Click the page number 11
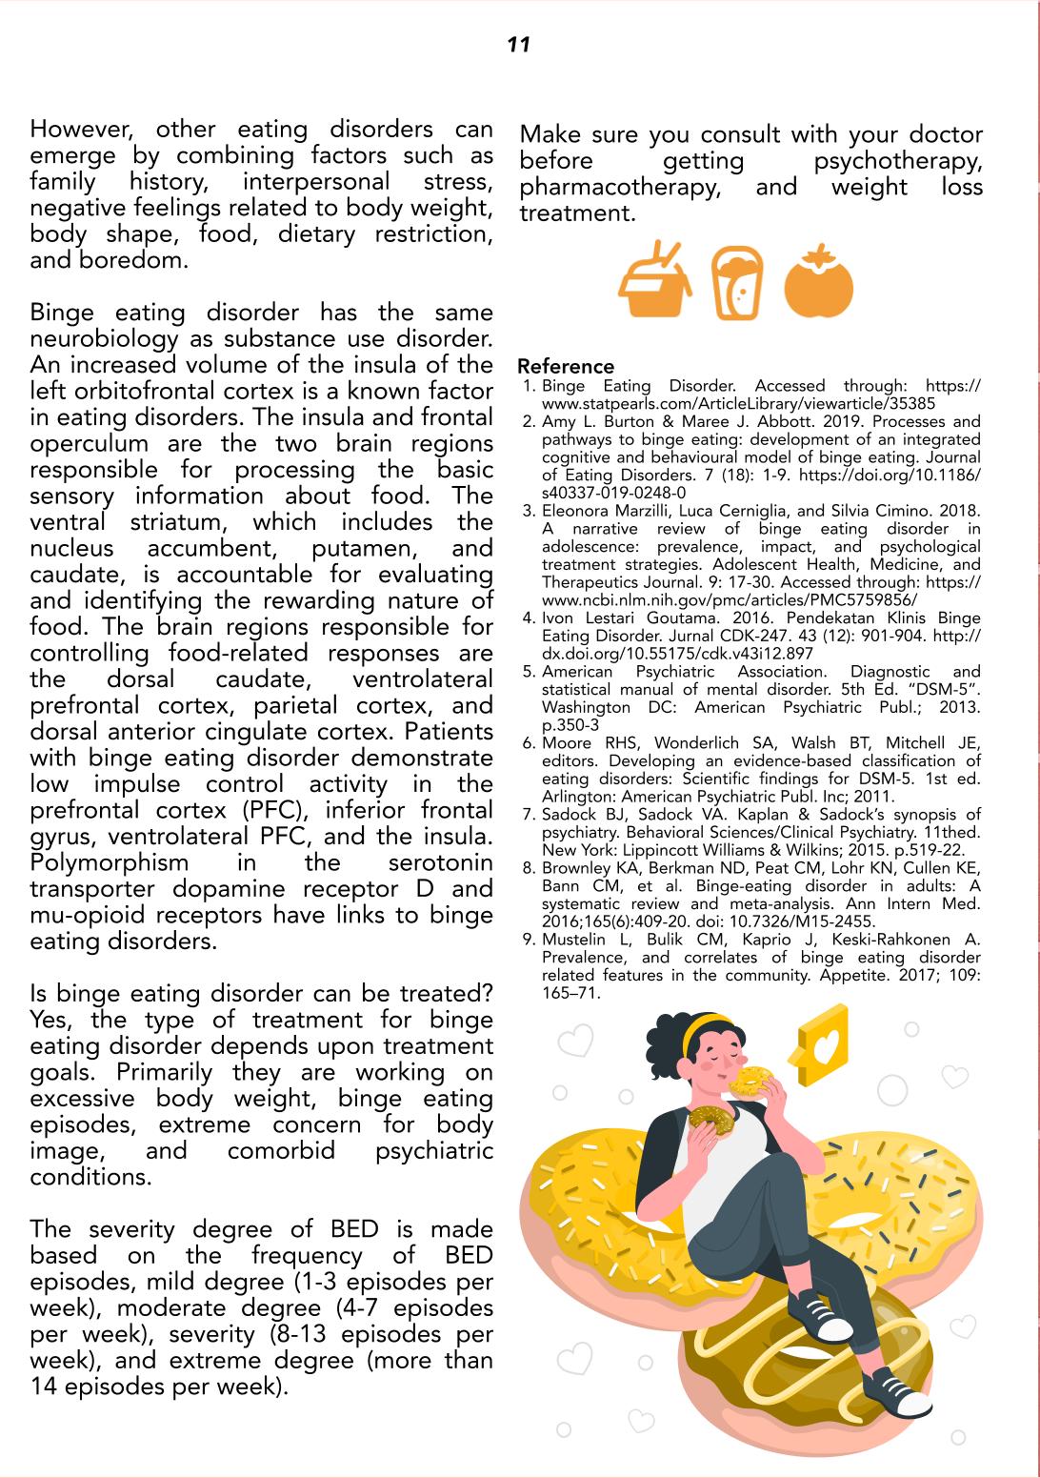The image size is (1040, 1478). (518, 45)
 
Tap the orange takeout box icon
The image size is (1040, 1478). (655, 282)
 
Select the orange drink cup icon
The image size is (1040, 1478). (737, 283)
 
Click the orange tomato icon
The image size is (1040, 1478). (818, 283)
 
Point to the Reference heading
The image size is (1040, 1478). (566, 367)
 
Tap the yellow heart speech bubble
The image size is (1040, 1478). (821, 1045)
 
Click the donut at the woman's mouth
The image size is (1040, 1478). (750, 1081)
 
